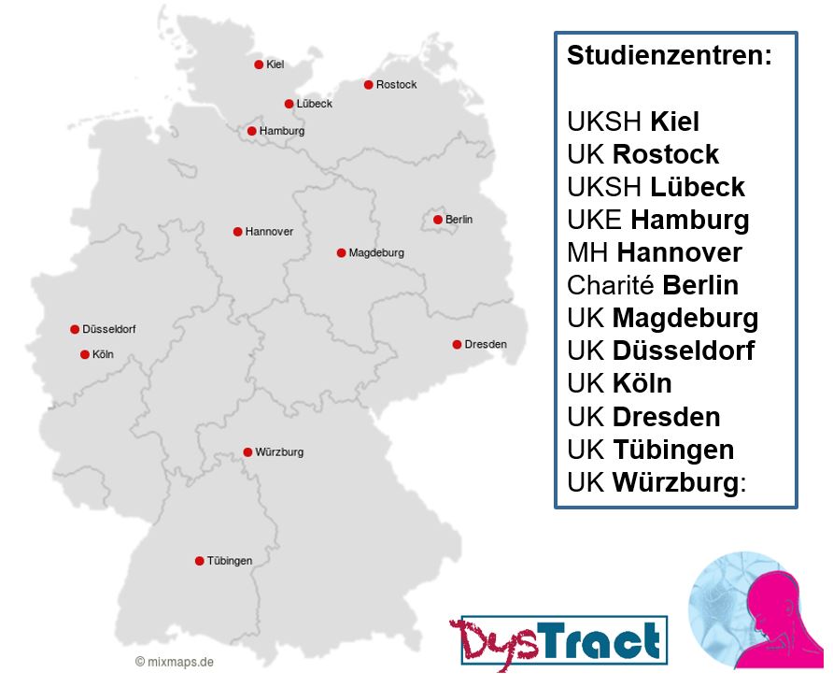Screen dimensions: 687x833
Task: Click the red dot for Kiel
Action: pos(259,64)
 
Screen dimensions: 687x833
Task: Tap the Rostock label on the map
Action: pos(396,85)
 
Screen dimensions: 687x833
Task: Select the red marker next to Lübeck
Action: pos(289,104)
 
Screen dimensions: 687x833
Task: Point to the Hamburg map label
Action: pos(282,132)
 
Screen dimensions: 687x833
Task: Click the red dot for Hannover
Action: pos(237,231)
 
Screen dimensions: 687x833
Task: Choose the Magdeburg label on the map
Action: pos(376,253)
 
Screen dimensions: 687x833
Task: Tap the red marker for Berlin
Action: pos(437,220)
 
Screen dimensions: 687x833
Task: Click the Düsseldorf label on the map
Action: pos(109,330)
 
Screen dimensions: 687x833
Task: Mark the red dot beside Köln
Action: pos(84,354)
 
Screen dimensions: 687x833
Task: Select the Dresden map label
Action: pos(486,345)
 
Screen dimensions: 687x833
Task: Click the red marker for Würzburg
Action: pos(247,452)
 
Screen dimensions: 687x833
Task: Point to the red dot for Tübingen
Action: pos(199,561)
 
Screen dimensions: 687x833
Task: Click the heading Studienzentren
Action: pos(670,55)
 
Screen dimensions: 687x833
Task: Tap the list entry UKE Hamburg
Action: pos(657,220)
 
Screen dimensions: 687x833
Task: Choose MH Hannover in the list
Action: pos(654,252)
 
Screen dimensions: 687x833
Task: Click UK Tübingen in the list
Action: pos(650,450)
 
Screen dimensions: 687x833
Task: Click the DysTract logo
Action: pos(558,641)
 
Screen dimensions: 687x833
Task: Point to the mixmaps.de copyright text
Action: pos(175,662)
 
